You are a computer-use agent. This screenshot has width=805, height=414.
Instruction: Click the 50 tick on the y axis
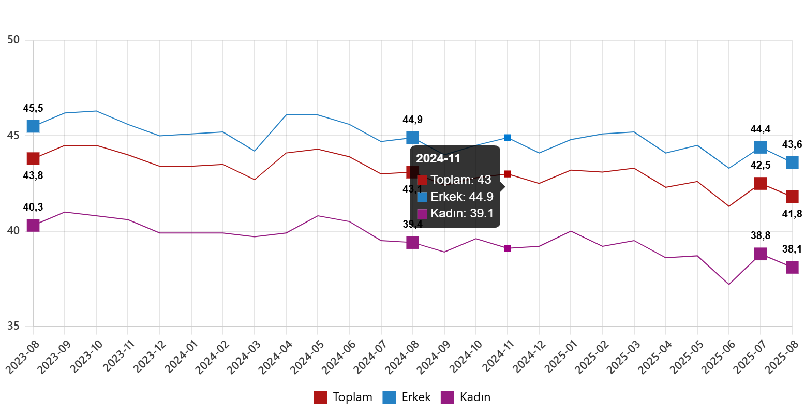pyautogui.click(x=14, y=40)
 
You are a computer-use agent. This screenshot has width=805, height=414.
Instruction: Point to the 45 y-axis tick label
pyautogui.click(x=14, y=136)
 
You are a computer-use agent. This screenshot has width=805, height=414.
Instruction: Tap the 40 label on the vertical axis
pyautogui.click(x=14, y=230)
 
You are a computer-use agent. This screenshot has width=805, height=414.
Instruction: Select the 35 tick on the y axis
pyautogui.click(x=14, y=326)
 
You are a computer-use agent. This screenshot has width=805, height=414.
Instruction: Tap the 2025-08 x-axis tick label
pyautogui.click(x=783, y=357)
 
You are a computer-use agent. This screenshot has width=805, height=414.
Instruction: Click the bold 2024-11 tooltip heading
pyautogui.click(x=438, y=159)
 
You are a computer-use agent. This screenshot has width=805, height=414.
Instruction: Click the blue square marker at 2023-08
pyautogui.click(x=33, y=126)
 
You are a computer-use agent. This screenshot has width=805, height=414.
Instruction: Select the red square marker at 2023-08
pyautogui.click(x=33, y=158)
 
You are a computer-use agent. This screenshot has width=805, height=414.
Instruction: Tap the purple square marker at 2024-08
pyautogui.click(x=413, y=242)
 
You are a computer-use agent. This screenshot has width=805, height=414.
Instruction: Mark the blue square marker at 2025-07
pyautogui.click(x=761, y=147)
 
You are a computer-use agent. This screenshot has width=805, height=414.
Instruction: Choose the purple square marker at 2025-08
pyautogui.click(x=792, y=267)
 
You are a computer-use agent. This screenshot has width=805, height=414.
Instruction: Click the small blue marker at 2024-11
pyautogui.click(x=508, y=138)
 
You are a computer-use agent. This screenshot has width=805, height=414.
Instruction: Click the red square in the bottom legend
pyautogui.click(x=320, y=397)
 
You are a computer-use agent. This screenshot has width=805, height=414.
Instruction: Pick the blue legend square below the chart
pyautogui.click(x=389, y=397)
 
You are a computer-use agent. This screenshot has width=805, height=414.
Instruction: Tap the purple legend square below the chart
pyautogui.click(x=447, y=397)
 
